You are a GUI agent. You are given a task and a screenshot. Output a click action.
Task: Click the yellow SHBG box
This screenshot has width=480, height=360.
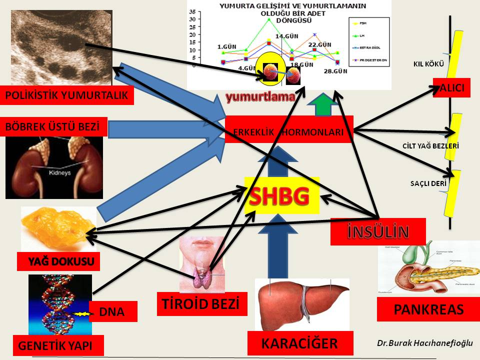point(281,195)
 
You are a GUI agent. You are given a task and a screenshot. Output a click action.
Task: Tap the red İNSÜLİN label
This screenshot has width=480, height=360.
point(378,231)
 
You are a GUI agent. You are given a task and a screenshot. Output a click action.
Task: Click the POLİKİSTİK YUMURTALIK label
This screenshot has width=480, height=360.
point(67,95)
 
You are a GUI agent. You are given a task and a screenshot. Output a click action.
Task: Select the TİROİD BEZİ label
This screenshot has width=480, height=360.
point(202,304)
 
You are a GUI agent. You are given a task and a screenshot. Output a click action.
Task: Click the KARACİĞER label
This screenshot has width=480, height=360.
point(300,343)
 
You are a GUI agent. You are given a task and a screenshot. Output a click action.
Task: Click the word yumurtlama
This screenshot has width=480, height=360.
point(259,97)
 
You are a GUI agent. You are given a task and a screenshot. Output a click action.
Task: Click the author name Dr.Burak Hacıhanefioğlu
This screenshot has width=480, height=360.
point(424,343)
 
